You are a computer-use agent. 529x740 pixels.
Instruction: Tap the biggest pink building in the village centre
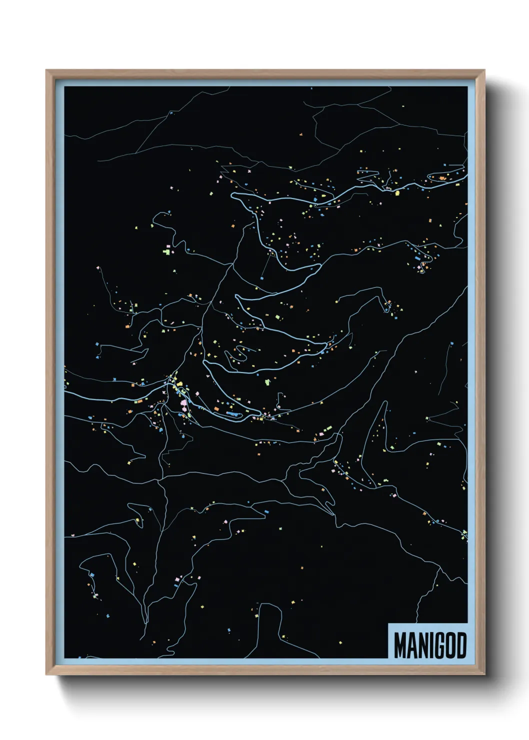tap(183, 402)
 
